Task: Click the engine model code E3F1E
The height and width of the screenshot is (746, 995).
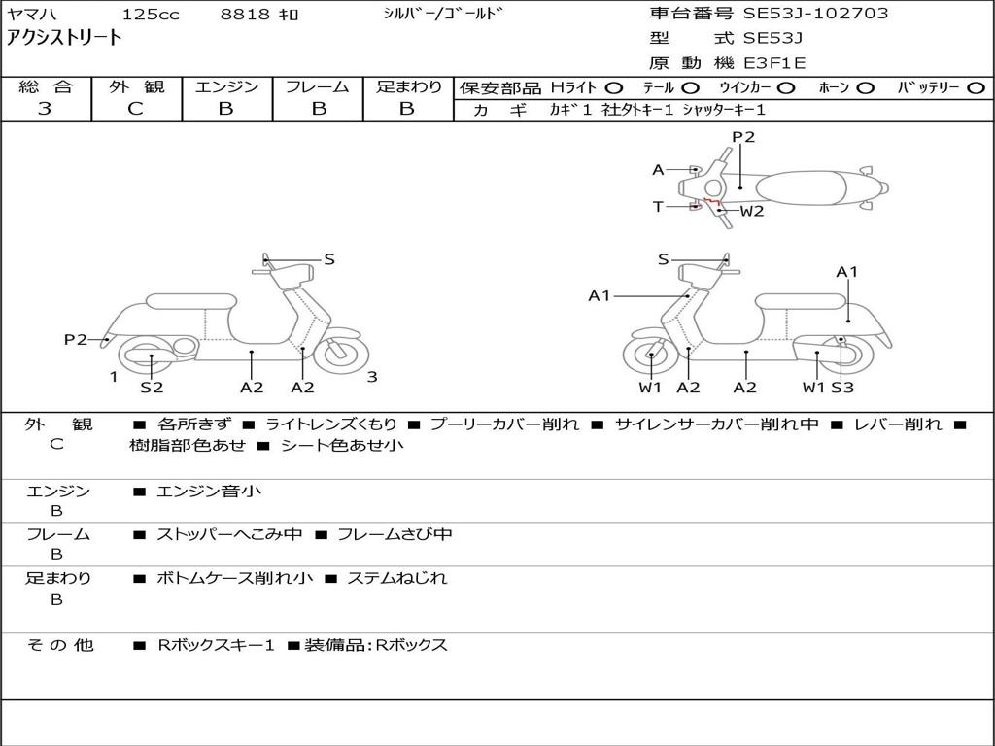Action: coord(773,63)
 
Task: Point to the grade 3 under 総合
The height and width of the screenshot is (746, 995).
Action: coord(45,109)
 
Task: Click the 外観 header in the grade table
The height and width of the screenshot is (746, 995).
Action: coord(135,86)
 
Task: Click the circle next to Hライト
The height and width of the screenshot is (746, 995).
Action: coord(614,87)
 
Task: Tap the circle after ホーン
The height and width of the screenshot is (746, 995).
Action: coord(865,87)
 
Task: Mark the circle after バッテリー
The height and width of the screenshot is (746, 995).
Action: coord(975,87)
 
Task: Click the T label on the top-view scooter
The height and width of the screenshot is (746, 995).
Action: coord(658,206)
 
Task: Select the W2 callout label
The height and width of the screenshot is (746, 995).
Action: coord(752,211)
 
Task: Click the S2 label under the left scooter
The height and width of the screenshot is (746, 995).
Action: coord(152,388)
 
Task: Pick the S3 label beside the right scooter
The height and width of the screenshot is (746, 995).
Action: coord(841,388)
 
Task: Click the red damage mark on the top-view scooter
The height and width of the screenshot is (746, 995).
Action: coord(712,204)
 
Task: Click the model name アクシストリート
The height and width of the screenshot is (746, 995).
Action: coord(65,38)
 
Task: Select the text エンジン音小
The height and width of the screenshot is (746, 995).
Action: coord(209,492)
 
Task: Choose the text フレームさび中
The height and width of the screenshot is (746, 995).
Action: coord(394,534)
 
